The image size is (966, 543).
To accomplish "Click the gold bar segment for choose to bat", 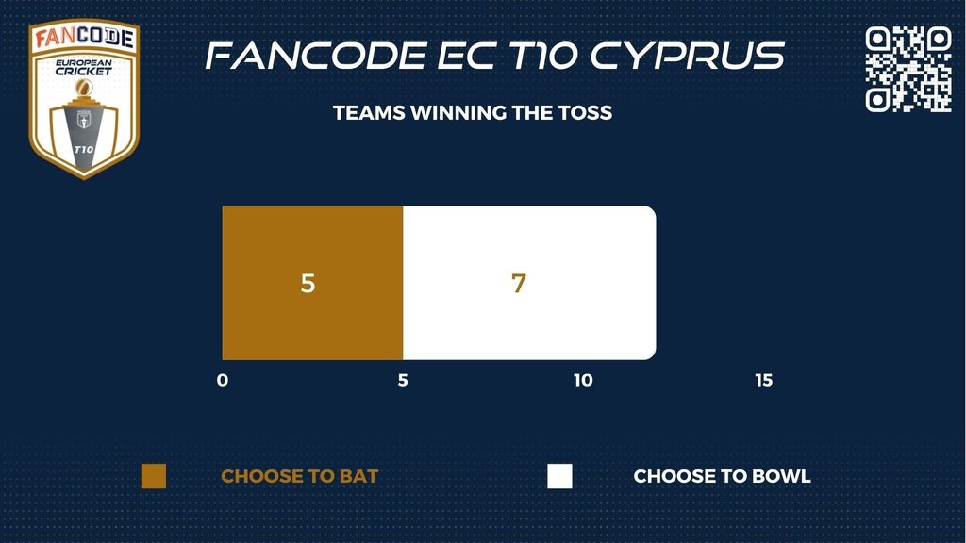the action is click(312, 283).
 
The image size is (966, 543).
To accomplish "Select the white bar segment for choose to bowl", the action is click(529, 283).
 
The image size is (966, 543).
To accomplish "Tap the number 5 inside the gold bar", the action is click(308, 283).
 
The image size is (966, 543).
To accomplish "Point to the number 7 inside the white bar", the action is click(519, 283).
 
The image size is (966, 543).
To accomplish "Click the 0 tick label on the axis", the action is click(223, 381).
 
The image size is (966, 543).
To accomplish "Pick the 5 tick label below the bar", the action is click(403, 381).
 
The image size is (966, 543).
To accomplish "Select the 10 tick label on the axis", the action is click(583, 381).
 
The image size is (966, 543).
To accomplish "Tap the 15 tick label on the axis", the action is click(764, 381).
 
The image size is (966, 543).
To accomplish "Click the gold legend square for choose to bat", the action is click(154, 476).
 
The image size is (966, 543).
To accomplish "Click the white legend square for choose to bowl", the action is click(559, 476).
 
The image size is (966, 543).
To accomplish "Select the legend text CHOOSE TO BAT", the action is click(299, 476).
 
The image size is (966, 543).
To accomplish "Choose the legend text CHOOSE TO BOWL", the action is click(722, 476).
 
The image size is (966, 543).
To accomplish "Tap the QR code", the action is click(908, 69).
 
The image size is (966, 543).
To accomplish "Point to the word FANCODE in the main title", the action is click(316, 56).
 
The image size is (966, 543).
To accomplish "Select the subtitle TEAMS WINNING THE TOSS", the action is click(473, 113).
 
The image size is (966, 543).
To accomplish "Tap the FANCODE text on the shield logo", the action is click(84, 38).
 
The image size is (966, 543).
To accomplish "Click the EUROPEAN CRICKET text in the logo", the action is click(84, 67).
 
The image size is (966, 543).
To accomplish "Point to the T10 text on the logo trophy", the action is click(84, 150).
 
